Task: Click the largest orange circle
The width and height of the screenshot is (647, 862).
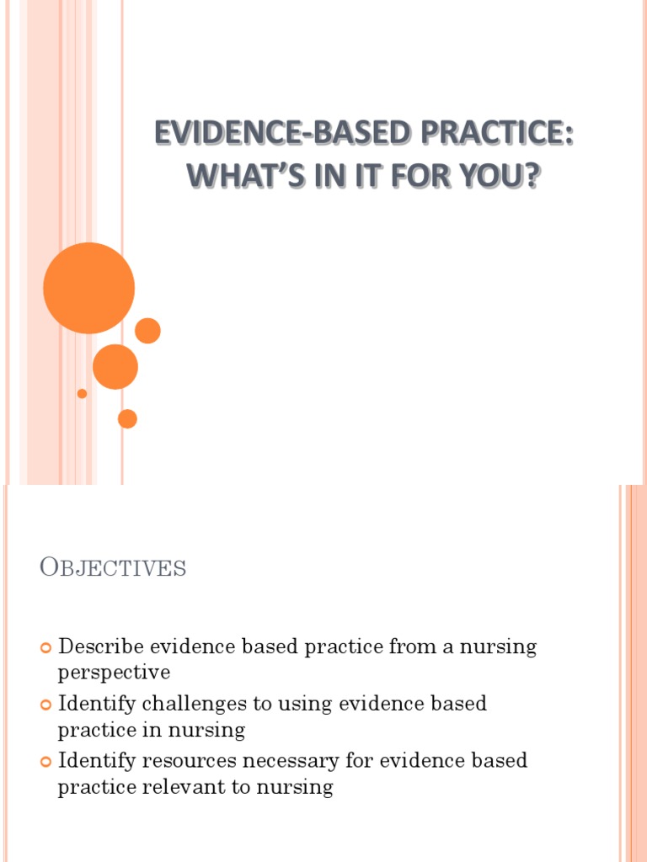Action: pyautogui.click(x=88, y=288)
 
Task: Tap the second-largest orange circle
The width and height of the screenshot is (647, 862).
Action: pyautogui.click(x=115, y=367)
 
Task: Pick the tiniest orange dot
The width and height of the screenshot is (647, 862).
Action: pyautogui.click(x=82, y=393)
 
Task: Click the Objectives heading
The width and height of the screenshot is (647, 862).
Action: pyautogui.click(x=113, y=568)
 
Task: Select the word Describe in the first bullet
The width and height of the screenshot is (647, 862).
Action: pyautogui.click(x=100, y=647)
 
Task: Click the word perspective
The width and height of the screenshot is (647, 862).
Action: pyautogui.click(x=114, y=673)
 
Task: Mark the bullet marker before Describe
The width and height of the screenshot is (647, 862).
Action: pyautogui.click(x=45, y=648)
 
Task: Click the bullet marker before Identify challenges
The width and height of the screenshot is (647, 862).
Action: pyautogui.click(x=45, y=705)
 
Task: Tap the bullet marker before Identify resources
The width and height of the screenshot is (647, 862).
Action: pyautogui.click(x=45, y=762)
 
